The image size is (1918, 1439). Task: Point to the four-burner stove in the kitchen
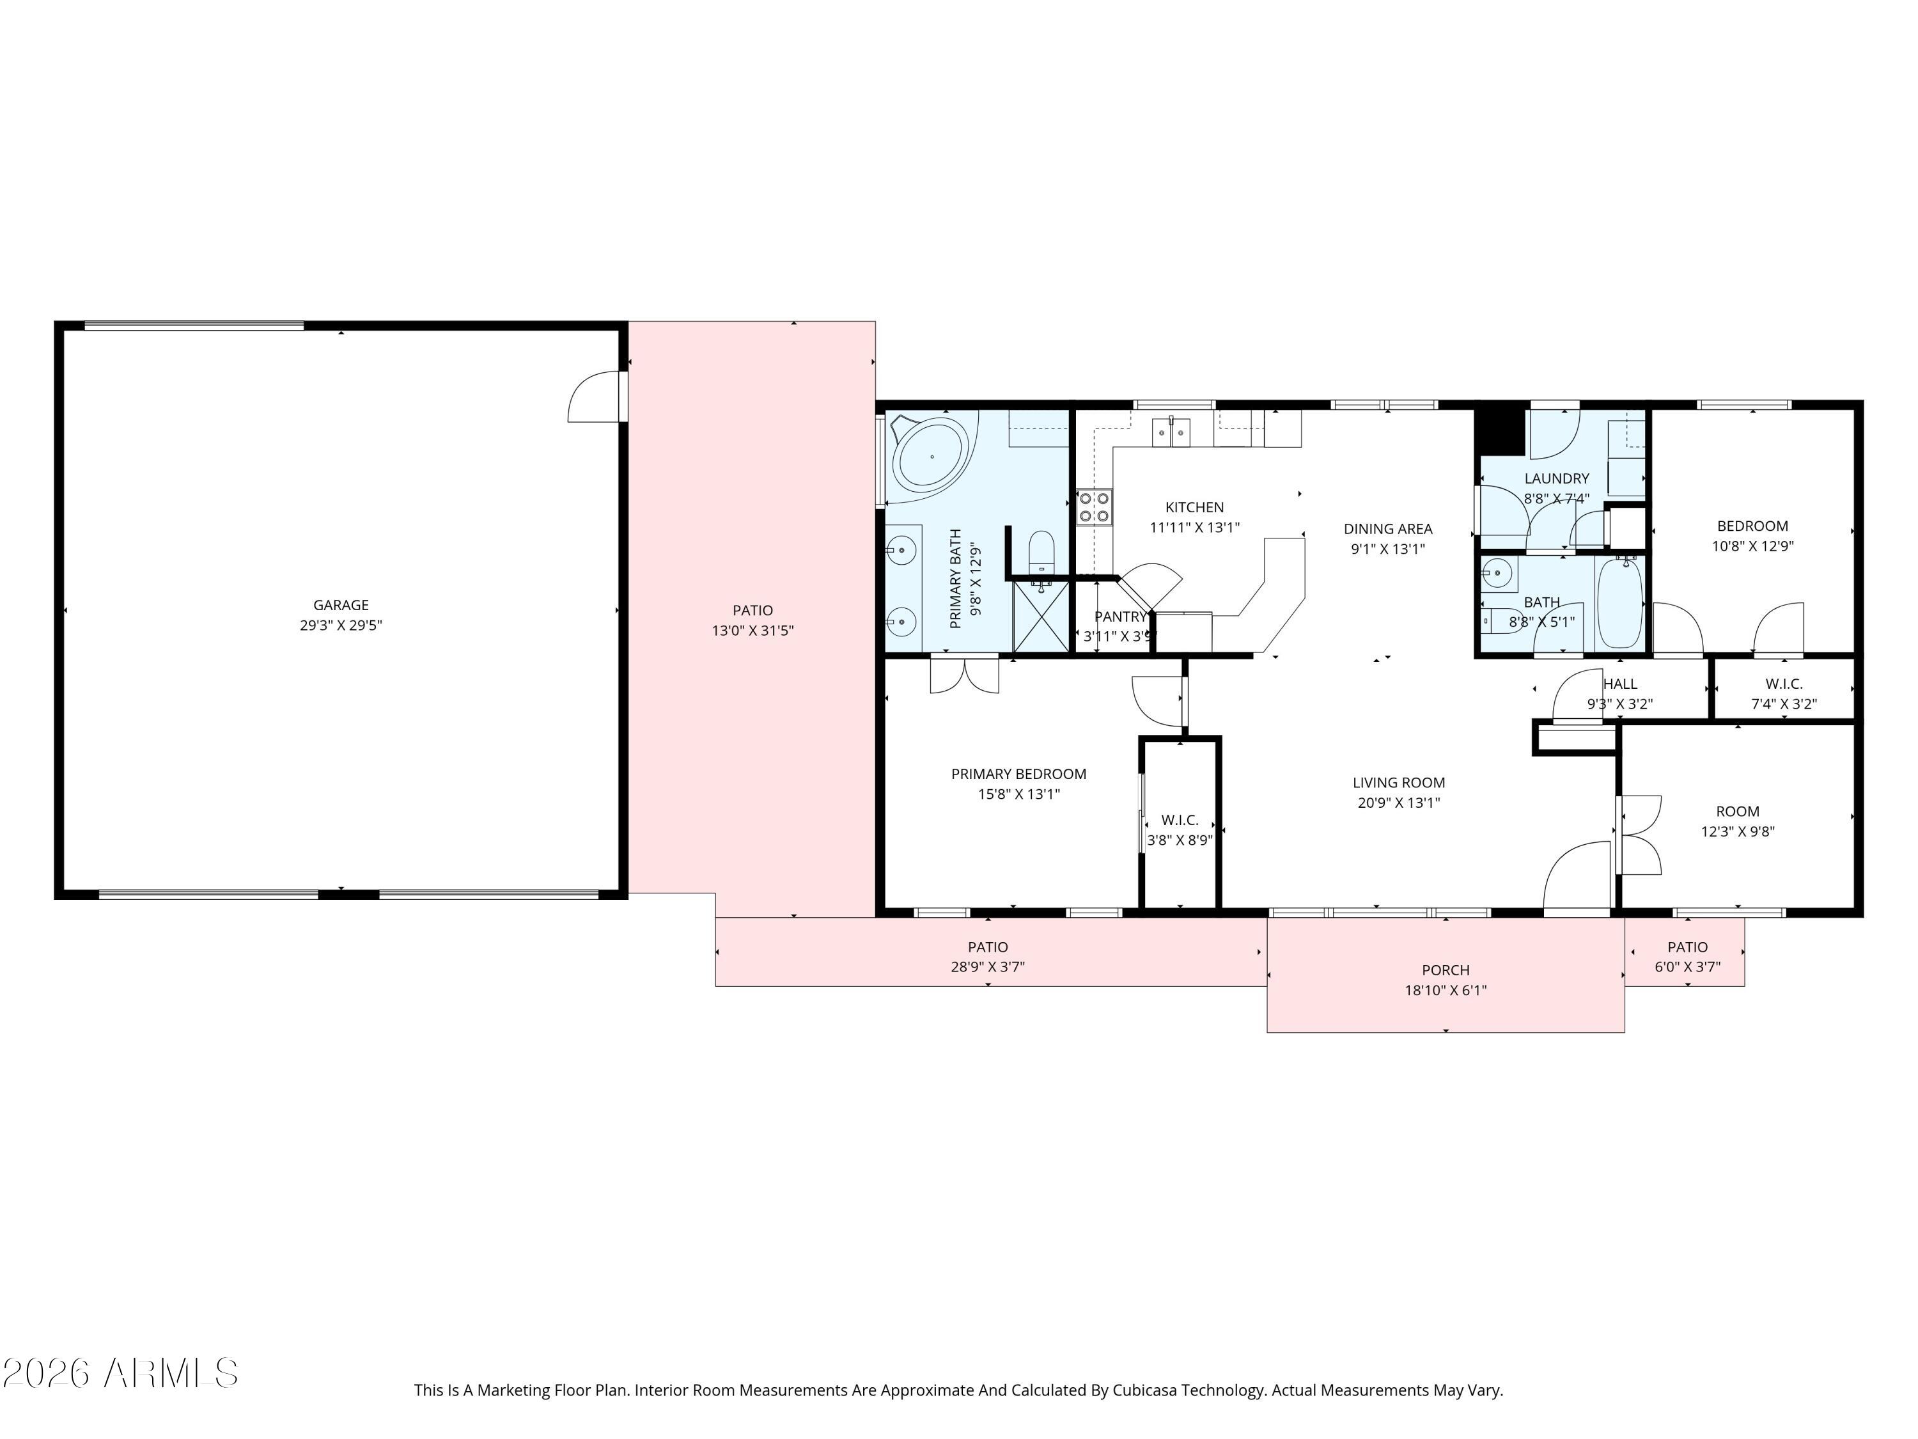click(x=1095, y=507)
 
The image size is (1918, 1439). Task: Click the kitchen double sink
click(x=1171, y=431)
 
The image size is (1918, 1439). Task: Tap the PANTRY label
click(x=1119, y=617)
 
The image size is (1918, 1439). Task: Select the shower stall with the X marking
click(x=1040, y=616)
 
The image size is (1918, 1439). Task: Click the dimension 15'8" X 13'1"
click(x=1019, y=794)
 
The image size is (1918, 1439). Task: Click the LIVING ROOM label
click(x=1399, y=782)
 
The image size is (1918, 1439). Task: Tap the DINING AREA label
click(x=1387, y=528)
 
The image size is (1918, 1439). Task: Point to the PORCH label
click(x=1446, y=970)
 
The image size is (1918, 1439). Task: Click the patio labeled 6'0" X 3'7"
click(x=1687, y=957)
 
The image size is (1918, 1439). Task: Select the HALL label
click(x=1619, y=684)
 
